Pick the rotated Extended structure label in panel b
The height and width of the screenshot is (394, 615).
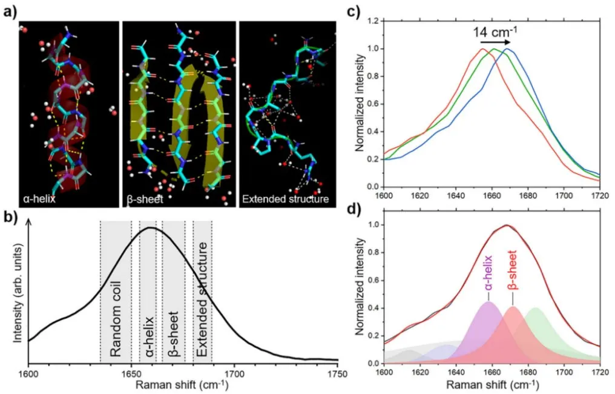click(x=203, y=299)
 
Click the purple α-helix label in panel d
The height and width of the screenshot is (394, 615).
click(x=489, y=277)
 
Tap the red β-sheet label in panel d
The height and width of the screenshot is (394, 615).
click(x=513, y=277)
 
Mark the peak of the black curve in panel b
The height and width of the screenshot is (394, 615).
click(x=150, y=228)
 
